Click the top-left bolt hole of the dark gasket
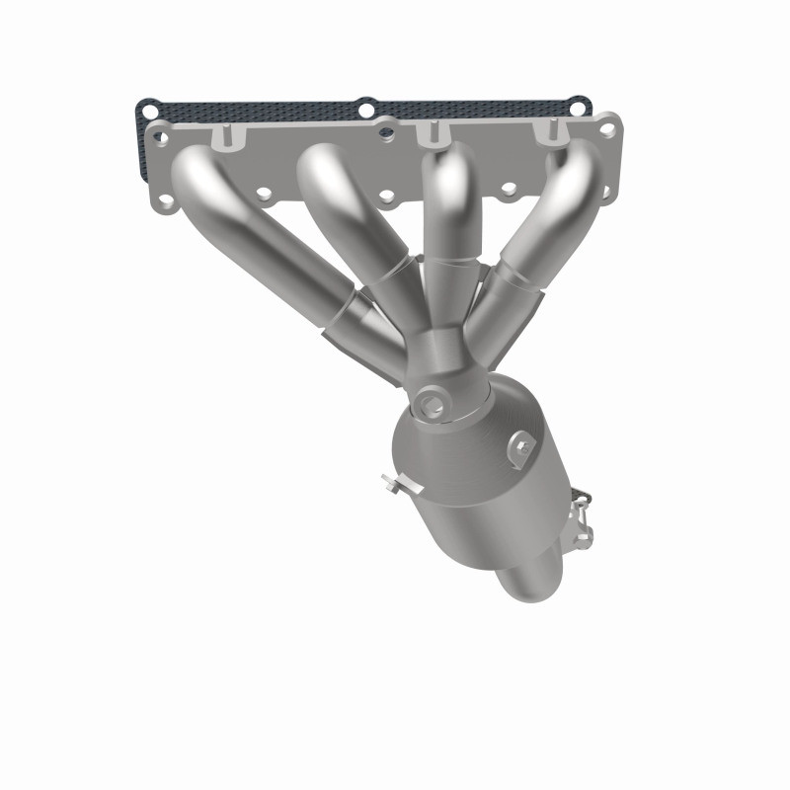point(146,105)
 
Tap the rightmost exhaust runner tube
point(553,217)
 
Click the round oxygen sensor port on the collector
point(431,402)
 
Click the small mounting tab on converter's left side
point(394,484)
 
